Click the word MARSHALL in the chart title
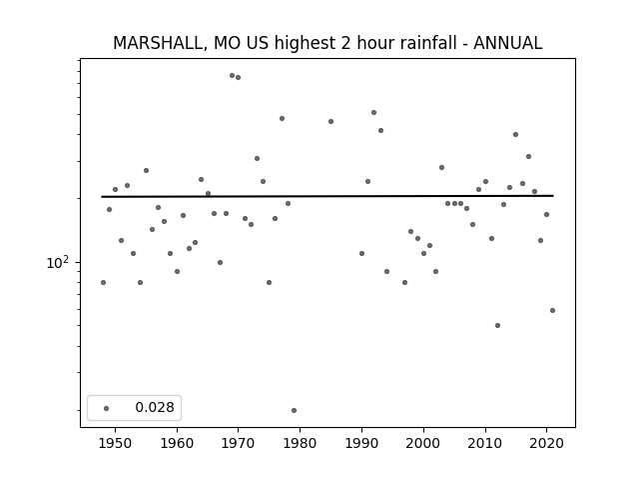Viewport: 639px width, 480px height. click(x=158, y=43)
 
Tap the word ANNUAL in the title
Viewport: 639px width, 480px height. click(x=508, y=43)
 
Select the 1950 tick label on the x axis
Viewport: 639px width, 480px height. click(x=116, y=443)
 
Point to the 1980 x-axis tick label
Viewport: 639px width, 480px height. click(x=300, y=443)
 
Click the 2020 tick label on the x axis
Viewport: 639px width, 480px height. click(x=546, y=443)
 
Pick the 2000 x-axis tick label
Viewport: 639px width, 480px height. click(x=423, y=443)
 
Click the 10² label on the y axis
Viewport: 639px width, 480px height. click(x=58, y=262)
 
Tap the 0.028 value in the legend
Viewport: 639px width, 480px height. click(x=155, y=407)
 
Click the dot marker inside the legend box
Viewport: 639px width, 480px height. click(x=107, y=408)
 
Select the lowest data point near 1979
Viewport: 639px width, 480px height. click(x=294, y=411)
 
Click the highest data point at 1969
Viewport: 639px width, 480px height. click(x=232, y=76)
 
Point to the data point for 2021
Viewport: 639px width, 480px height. click(x=552, y=311)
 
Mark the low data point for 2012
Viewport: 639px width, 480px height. click(x=497, y=326)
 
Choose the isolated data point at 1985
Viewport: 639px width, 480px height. click(x=330, y=122)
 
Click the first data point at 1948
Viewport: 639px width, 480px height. click(x=103, y=282)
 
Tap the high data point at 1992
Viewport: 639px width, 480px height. click(x=373, y=113)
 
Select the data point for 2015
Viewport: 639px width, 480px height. click(x=515, y=135)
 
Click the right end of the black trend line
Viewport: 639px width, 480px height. click(x=553, y=196)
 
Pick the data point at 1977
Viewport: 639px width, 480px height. click(x=282, y=119)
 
